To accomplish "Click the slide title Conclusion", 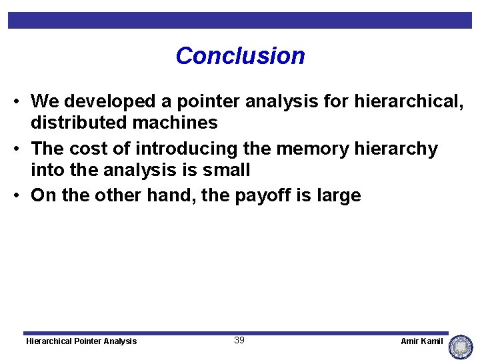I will tap(240, 55).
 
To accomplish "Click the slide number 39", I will tap(239, 340).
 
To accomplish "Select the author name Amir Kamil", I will tap(421, 341).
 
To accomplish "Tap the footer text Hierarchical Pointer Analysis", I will tap(81, 341).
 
